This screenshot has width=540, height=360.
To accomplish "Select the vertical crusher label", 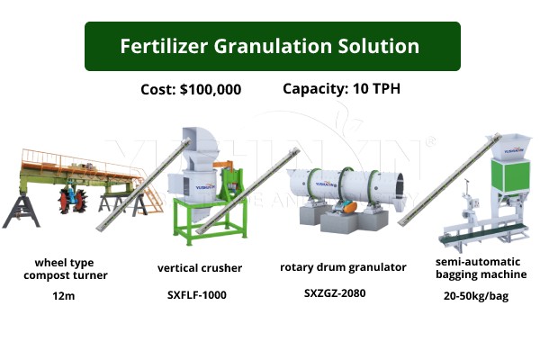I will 198,267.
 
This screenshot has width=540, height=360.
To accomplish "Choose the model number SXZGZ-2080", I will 335,293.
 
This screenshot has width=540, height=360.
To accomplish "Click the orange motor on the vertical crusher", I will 232,172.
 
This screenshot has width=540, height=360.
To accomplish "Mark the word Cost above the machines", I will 160,90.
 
